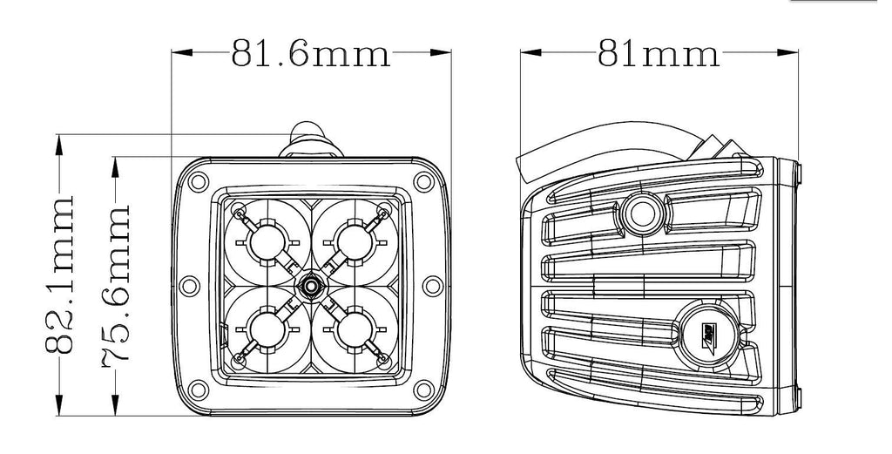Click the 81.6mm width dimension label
tap(311, 53)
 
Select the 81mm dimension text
tap(659, 53)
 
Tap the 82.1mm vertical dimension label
tap(60, 274)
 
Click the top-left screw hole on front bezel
tap(198, 181)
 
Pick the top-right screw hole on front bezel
tap(423, 181)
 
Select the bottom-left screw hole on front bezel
tap(198, 390)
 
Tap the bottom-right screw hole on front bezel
tap(423, 390)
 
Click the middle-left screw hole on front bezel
tap(189, 286)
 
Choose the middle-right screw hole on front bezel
tap(432, 286)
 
